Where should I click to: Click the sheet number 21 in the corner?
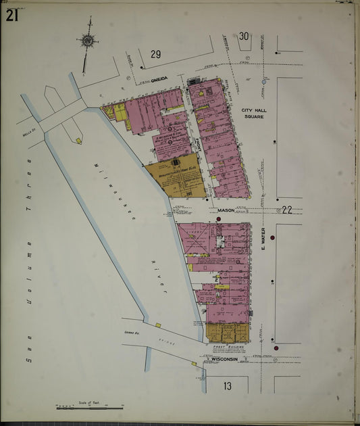pos(11,16)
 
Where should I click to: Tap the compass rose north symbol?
pos(87,41)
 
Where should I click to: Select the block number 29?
pos(156,54)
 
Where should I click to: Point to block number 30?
pos(244,36)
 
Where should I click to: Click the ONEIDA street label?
pos(159,78)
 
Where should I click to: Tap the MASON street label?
pos(226,210)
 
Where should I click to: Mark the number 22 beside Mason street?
pos(286,210)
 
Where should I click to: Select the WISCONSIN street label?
pos(224,359)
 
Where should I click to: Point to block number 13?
pos(228,385)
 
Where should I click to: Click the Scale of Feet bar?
pos(89,408)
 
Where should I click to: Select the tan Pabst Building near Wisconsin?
pos(228,333)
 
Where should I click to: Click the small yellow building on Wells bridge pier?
pos(79,141)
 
